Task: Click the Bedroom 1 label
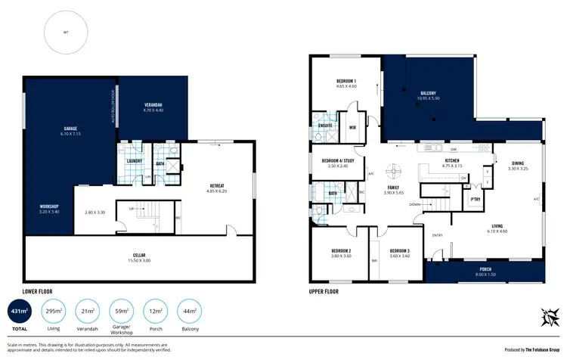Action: [x=346, y=83]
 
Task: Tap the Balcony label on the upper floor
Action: [x=427, y=95]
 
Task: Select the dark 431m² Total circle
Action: [x=18, y=312]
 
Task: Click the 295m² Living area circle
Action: [x=53, y=312]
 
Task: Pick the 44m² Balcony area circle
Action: [x=189, y=312]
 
